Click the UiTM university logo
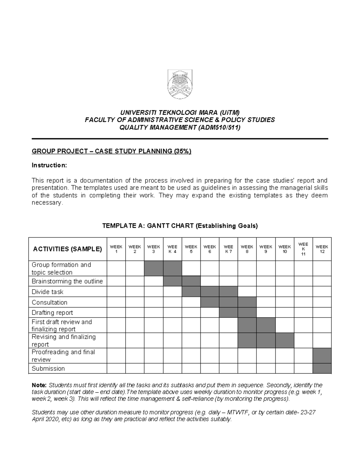pos(180,84)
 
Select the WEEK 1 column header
pos(116,249)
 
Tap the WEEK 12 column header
pos(322,249)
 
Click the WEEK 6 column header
pos(210,249)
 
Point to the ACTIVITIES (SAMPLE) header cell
pos(67,249)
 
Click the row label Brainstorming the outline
pos(67,281)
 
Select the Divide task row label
pos(47,292)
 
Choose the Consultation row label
pos(49,302)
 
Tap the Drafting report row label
pos(52,313)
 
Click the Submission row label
pos(48,368)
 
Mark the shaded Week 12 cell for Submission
pos(322,368)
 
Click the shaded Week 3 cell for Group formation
pos(154,269)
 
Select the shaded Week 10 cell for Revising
pos(284,341)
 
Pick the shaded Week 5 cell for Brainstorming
pos(191,281)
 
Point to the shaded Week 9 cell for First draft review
pos(266,325)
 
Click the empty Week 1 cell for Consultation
pos(116,302)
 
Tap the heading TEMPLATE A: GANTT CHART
pos(180,226)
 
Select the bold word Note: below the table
pos(39,385)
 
